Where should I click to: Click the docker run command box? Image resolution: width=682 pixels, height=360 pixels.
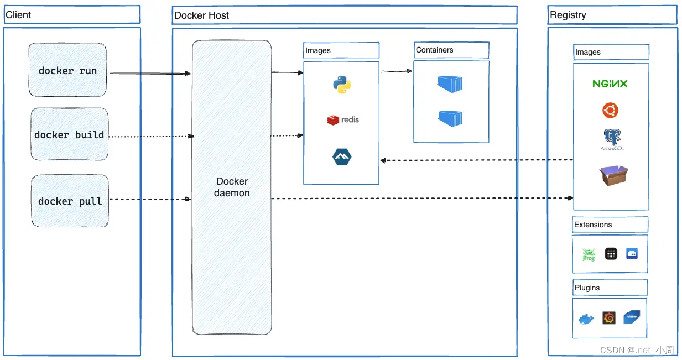pyautogui.click(x=67, y=70)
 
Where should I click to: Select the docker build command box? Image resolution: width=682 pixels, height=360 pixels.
pyautogui.click(x=69, y=134)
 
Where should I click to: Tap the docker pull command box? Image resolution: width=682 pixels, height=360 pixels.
pyautogui.click(x=70, y=201)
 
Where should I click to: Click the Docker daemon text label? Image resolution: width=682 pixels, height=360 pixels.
pyautogui.click(x=232, y=187)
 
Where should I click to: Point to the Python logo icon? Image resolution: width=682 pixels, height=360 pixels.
pyautogui.click(x=342, y=85)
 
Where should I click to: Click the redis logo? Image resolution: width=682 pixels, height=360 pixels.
pyautogui.click(x=342, y=119)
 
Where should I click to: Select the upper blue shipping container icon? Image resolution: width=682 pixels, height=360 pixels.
pyautogui.click(x=450, y=84)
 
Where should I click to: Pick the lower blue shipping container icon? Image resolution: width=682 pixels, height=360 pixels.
pyautogui.click(x=450, y=118)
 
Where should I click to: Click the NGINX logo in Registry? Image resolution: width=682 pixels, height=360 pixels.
pyautogui.click(x=610, y=84)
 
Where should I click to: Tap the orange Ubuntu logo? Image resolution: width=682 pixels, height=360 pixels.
pyautogui.click(x=610, y=111)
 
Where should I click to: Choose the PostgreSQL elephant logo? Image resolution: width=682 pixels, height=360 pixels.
pyautogui.click(x=610, y=139)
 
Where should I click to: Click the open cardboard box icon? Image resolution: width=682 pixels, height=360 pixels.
pyautogui.click(x=613, y=175)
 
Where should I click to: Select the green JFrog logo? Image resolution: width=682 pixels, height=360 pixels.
pyautogui.click(x=588, y=254)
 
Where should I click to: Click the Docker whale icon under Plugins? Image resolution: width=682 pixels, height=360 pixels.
pyautogui.click(x=586, y=319)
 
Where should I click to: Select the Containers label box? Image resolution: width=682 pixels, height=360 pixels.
pyautogui.click(x=451, y=50)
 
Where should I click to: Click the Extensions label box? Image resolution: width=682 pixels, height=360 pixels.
pyautogui.click(x=610, y=225)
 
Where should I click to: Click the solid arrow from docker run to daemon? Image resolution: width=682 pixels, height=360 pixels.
pyautogui.click(x=149, y=73)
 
